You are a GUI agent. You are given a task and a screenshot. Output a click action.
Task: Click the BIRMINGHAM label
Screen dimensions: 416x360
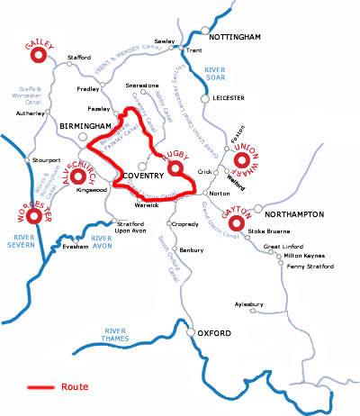point(85,126)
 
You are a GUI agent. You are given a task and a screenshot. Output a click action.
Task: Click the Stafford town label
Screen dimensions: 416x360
point(80,58)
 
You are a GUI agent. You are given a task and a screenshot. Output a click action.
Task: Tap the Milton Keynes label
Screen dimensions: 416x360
point(300,255)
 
